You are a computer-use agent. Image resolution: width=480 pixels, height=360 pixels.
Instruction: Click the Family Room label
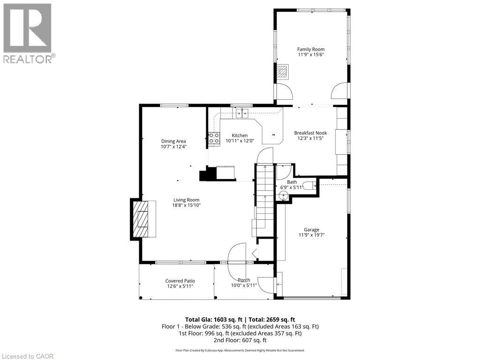pyautogui.click(x=311, y=49)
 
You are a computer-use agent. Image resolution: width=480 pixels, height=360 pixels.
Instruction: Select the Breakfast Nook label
pyautogui.click(x=310, y=133)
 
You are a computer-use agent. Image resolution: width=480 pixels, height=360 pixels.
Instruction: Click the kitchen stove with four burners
pyautogui.click(x=214, y=138)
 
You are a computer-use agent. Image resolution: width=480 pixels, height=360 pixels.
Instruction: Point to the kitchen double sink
pyautogui.click(x=242, y=112)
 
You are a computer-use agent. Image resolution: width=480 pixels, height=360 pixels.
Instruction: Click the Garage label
pyautogui.click(x=311, y=230)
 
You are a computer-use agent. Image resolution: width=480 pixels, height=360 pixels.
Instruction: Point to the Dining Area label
pyautogui.click(x=173, y=141)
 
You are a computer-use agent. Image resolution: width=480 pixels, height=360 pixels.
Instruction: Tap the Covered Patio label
pyautogui.click(x=180, y=281)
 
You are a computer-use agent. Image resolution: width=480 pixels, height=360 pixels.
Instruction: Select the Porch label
pyautogui.click(x=244, y=280)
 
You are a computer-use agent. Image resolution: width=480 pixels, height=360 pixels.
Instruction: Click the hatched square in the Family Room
pyautogui.click(x=282, y=71)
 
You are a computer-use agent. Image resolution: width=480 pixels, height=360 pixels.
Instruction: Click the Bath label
pyautogui.click(x=292, y=182)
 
